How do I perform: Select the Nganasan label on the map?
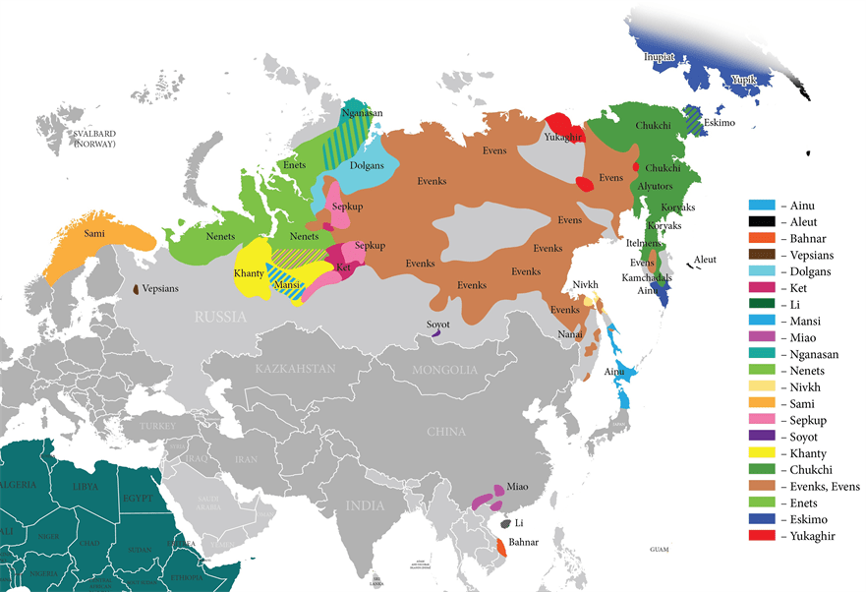pyautogui.click(x=362, y=113)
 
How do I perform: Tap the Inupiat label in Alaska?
pyautogui.click(x=659, y=57)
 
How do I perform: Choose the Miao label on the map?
pyautogui.click(x=517, y=487)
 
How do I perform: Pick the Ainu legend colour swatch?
pyautogui.click(x=763, y=206)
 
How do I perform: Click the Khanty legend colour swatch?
pyautogui.click(x=763, y=453)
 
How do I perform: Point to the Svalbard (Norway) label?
pyautogui.click(x=94, y=139)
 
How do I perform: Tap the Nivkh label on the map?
pyautogui.click(x=586, y=284)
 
